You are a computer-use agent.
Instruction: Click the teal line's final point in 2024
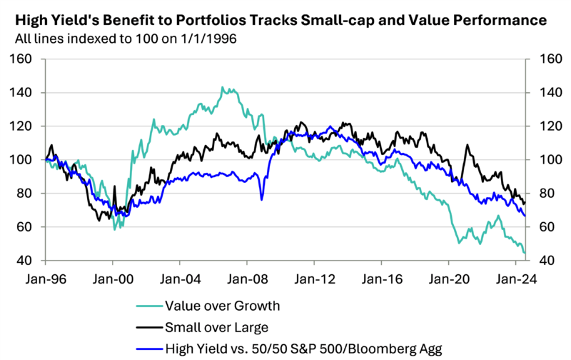(525, 253)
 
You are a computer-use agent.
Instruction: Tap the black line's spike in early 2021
(468, 146)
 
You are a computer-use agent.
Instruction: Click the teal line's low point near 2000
(115, 229)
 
